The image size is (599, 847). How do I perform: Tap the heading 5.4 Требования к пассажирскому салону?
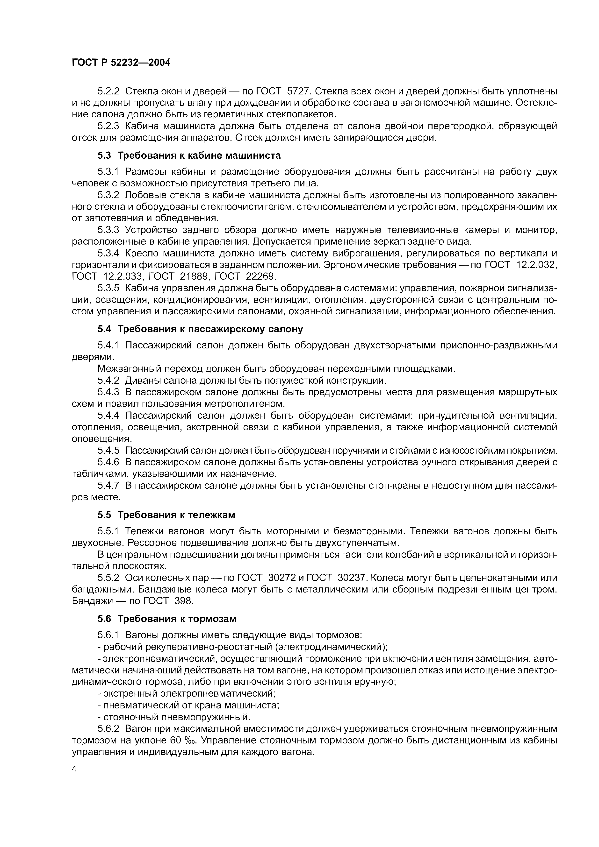coord(200,329)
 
